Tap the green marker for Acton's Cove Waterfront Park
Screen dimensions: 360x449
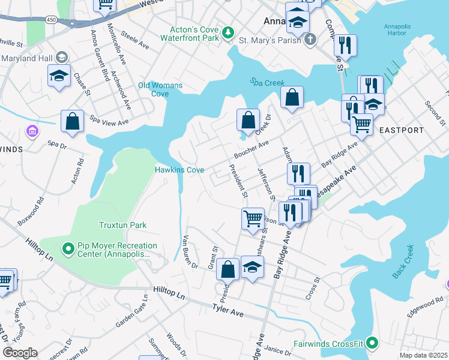tap(228, 32)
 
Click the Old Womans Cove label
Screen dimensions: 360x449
tap(160, 89)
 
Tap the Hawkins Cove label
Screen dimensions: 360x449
tap(180, 170)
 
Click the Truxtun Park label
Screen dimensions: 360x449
tap(122, 225)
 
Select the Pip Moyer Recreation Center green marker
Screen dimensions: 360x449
tap(68, 248)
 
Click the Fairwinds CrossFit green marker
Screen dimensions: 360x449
tap(372, 344)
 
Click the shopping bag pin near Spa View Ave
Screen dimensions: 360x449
tap(72, 121)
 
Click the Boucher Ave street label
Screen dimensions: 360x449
tap(251, 148)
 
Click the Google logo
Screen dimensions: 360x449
tap(20, 353)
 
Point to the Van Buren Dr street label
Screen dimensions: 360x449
tap(190, 251)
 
